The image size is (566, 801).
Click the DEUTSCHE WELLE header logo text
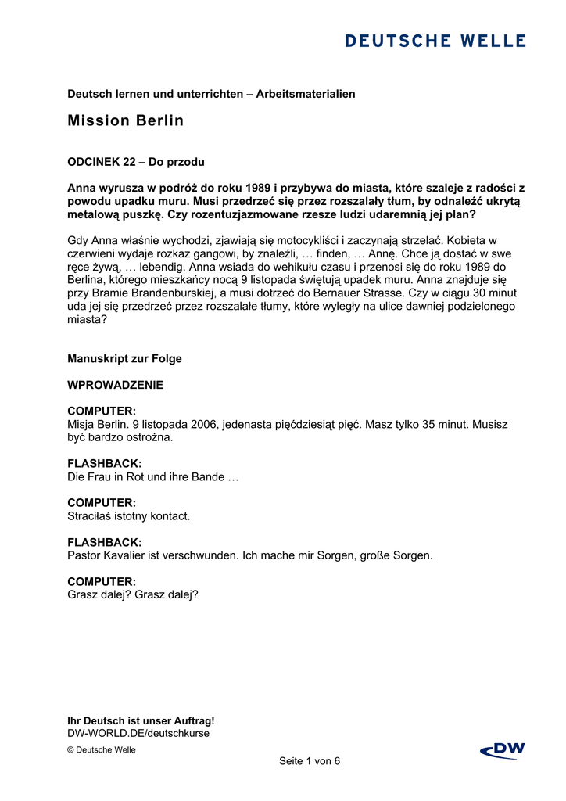435,41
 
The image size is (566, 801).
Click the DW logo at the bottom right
503,751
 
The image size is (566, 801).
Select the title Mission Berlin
126,121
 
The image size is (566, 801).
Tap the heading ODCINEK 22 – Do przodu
136,163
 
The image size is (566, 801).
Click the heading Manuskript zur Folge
124,359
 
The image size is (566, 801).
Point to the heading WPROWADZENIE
116,386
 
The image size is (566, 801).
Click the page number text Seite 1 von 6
310,761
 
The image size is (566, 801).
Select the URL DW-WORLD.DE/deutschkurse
138,734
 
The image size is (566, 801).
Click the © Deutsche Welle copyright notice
102,750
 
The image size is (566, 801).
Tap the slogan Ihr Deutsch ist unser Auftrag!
141,721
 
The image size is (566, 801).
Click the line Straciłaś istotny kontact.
129,516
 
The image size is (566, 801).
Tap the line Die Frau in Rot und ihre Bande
152,477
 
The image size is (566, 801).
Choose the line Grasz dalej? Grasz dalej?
133,594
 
